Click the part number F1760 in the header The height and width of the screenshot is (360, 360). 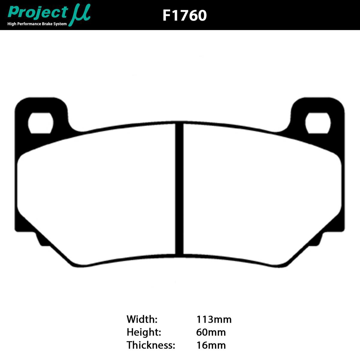(x=184, y=15)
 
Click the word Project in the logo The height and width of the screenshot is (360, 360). (x=38, y=13)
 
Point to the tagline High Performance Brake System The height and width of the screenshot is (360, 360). (x=37, y=24)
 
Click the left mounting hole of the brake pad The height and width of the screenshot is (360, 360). (x=40, y=123)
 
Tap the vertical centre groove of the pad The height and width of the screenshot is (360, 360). (x=179, y=189)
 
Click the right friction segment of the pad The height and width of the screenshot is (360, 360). (x=261, y=195)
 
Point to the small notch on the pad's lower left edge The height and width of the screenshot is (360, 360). (x=39, y=238)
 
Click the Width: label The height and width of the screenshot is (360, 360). (x=142, y=319)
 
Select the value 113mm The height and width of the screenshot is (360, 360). (x=214, y=319)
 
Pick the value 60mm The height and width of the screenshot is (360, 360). (x=211, y=332)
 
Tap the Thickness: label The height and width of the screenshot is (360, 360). (x=151, y=345)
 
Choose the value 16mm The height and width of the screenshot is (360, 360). (x=211, y=345)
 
